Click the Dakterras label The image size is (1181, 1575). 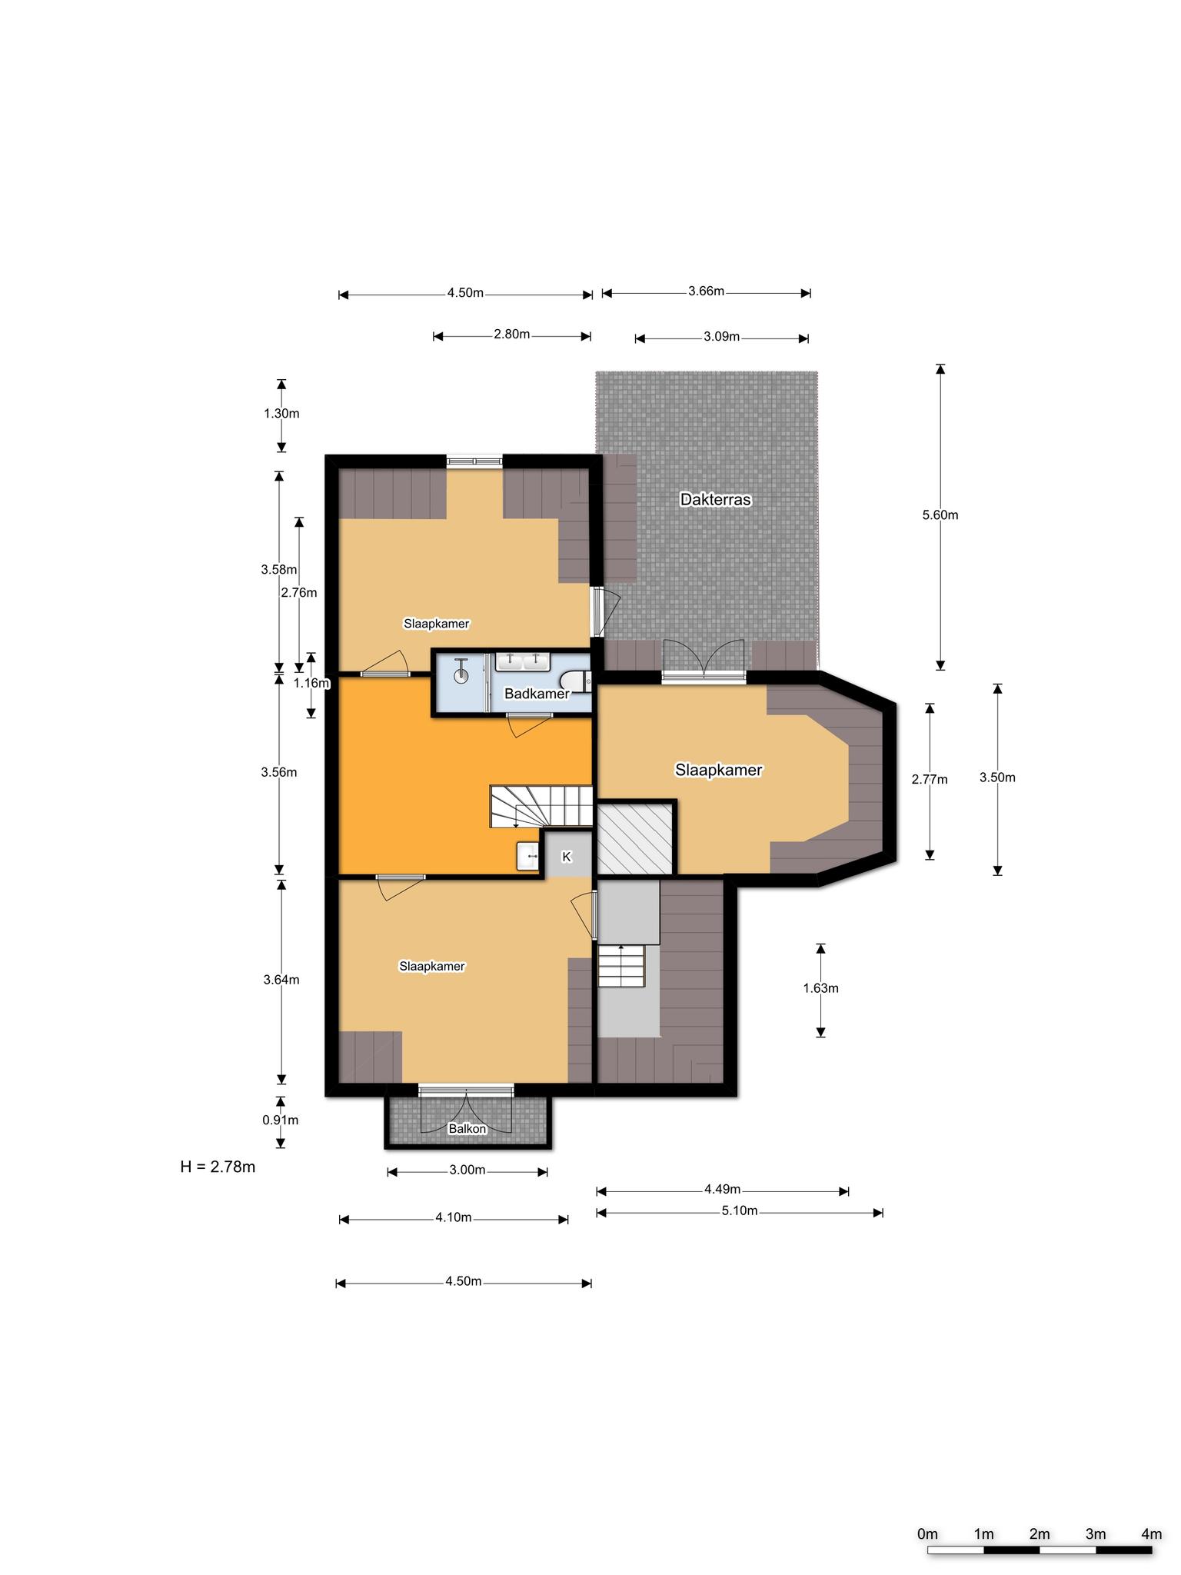715,500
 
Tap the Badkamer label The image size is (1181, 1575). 537,694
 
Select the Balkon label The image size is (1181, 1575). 467,1129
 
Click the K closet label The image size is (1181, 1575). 567,857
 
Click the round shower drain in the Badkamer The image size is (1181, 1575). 461,676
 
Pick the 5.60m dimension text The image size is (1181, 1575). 940,515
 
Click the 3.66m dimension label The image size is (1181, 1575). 706,291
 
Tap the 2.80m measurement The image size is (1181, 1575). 512,335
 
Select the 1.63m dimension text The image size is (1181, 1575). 820,988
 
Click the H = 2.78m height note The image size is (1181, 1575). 218,1167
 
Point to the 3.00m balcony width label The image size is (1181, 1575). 467,1170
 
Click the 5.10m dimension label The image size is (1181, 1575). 740,1211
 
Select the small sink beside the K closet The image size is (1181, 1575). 528,856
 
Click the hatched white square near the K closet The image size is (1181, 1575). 635,838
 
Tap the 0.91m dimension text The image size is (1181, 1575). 281,1120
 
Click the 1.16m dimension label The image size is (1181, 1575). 311,683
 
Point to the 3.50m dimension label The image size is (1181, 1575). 997,778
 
